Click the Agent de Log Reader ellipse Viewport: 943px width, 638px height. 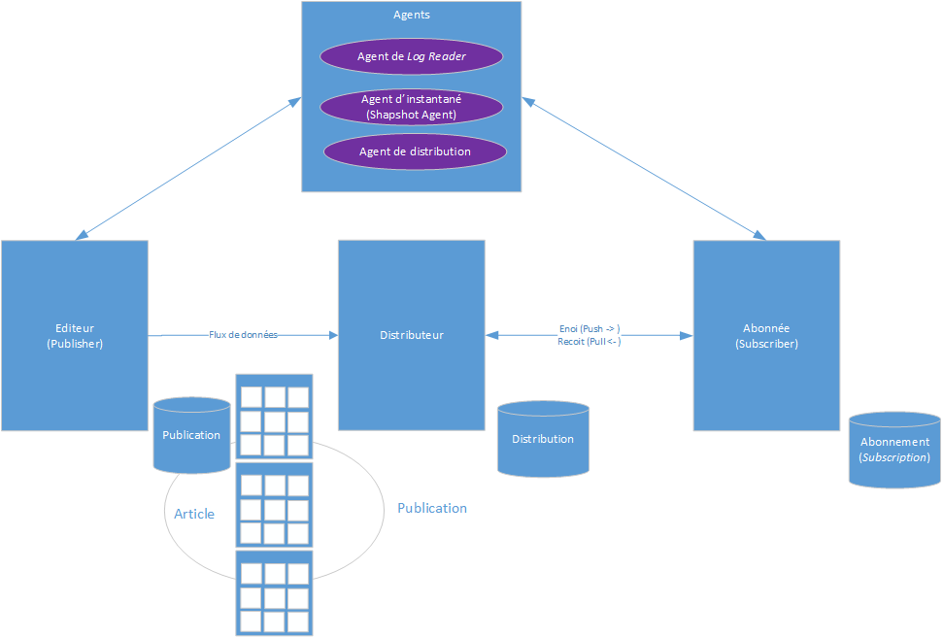coord(412,56)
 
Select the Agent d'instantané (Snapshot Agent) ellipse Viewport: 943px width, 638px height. coord(412,107)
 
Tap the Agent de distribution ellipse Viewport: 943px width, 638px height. coord(415,151)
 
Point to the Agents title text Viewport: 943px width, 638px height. coord(412,15)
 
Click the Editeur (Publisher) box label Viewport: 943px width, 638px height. coord(75,336)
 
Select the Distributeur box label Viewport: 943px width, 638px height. coord(412,335)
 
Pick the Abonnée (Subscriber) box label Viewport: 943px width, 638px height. coord(766,336)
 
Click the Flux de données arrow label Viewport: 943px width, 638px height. coord(243,335)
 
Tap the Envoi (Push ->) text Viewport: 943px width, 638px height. coord(589,328)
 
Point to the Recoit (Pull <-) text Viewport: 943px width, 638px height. coord(589,342)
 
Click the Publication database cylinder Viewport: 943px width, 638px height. coord(191,435)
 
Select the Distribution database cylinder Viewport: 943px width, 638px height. coord(543,439)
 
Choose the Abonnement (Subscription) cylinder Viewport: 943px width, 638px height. coord(894,450)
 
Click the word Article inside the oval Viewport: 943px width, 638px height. coord(194,514)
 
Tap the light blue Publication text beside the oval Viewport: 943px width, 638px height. coord(432,508)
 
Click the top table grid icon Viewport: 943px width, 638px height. coord(275,416)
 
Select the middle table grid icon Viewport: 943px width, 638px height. coord(275,504)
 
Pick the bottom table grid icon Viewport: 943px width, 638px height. coord(275,592)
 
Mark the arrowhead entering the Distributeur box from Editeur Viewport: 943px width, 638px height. coord(333,335)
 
